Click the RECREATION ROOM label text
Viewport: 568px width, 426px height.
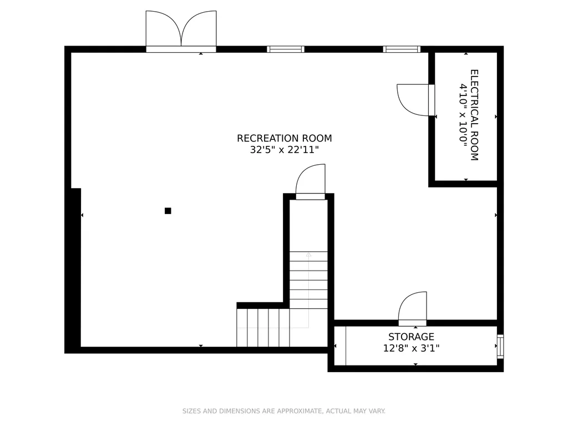click(285, 138)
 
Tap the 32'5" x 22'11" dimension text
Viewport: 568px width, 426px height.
click(285, 150)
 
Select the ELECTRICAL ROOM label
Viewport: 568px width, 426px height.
click(474, 115)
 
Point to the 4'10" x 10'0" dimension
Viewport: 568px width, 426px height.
click(463, 115)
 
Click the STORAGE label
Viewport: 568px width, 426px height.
click(411, 337)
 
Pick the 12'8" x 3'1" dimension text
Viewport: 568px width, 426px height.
click(411, 348)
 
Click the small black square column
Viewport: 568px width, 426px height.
click(168, 211)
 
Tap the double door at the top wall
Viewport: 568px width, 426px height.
click(181, 32)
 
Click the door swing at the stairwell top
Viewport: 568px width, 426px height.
click(301, 174)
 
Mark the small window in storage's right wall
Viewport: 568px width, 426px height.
click(500, 347)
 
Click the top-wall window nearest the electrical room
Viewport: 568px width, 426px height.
click(402, 49)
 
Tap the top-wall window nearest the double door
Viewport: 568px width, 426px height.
click(286, 49)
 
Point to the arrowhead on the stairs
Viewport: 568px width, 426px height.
click(308, 255)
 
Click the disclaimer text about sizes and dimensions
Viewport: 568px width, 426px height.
click(283, 411)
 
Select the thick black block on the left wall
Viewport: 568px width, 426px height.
click(73, 270)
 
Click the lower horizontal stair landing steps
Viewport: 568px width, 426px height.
click(263, 327)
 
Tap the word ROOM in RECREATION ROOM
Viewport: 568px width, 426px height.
click(317, 138)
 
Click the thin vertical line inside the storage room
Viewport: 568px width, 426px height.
click(346, 346)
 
